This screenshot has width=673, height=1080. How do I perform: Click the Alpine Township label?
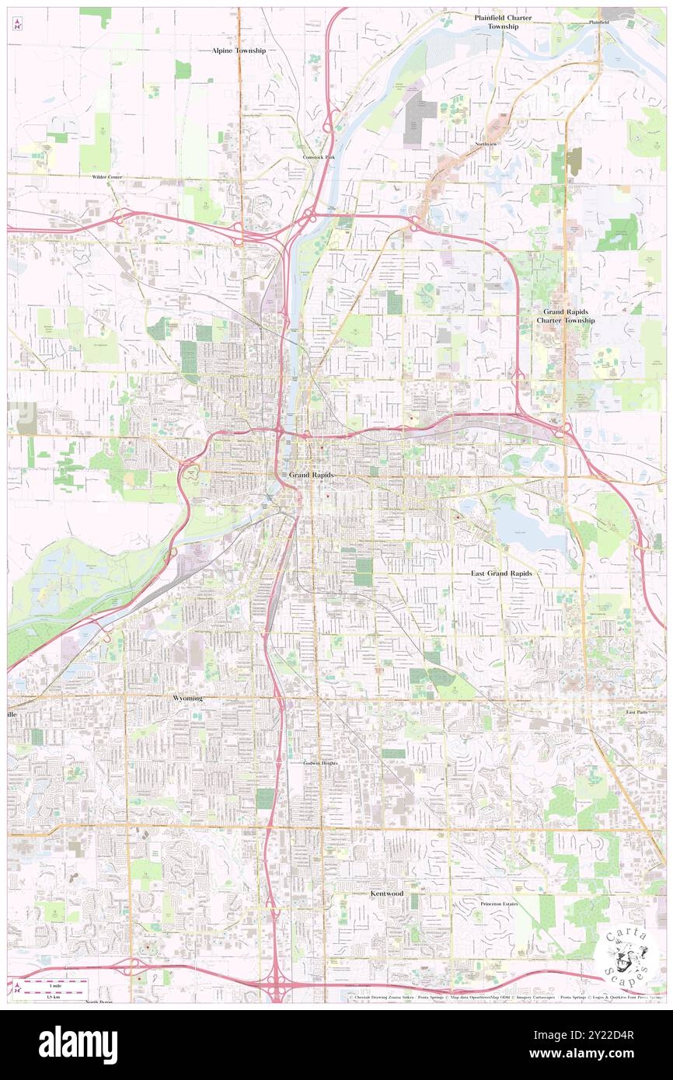point(239,50)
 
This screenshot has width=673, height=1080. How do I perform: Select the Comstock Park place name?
point(318,157)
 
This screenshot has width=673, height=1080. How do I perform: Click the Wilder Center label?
point(107,177)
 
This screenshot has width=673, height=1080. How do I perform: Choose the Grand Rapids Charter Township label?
point(569,315)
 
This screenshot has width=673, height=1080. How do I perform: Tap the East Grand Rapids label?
point(501,573)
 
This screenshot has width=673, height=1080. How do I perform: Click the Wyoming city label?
point(187,699)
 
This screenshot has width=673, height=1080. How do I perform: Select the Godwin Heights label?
point(320,763)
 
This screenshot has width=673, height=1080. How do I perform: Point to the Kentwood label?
point(386,894)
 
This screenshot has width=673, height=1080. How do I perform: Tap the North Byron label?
point(99,1002)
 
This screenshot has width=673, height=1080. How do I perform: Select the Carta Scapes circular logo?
point(627,956)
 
